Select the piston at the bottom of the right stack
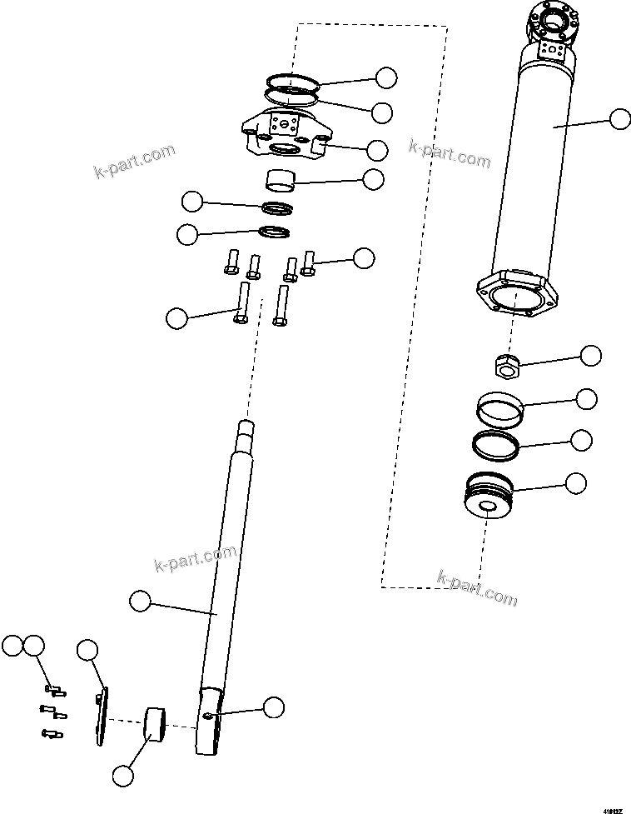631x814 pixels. point(489,495)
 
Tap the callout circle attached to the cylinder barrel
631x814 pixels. point(619,119)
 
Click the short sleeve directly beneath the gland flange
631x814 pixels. point(281,179)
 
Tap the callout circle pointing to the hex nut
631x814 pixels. point(590,355)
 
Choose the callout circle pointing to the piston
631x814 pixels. point(576,482)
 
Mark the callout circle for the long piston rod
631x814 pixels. point(141,599)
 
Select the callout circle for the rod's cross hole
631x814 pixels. point(273,707)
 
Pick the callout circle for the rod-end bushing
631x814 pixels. point(122,775)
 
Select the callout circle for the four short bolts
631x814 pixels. point(364,257)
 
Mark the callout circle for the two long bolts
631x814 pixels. point(176,317)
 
